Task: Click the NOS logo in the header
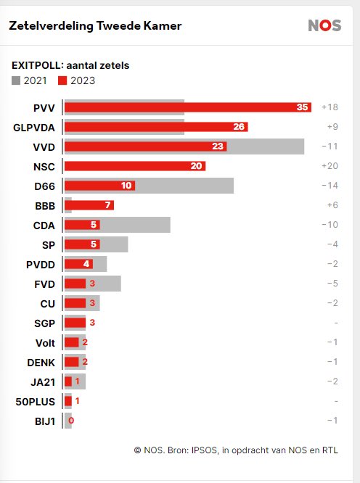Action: (x=324, y=25)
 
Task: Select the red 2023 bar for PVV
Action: (x=188, y=107)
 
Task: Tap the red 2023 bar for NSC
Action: (x=135, y=166)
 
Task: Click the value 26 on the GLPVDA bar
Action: (x=239, y=127)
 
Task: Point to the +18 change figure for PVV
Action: (x=330, y=107)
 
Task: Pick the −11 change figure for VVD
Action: (x=330, y=146)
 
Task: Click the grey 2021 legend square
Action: (x=16, y=80)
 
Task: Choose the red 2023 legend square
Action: (x=62, y=80)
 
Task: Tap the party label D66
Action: (x=45, y=186)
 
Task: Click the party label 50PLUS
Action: (x=36, y=402)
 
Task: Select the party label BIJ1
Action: (x=45, y=421)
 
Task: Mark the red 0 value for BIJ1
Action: (x=71, y=421)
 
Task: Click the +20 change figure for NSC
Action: (x=330, y=166)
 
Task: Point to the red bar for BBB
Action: (x=89, y=205)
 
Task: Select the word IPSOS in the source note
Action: (x=205, y=450)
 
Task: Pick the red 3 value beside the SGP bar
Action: (x=92, y=323)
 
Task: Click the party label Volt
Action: (x=45, y=343)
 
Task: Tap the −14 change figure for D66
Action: (x=330, y=186)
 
